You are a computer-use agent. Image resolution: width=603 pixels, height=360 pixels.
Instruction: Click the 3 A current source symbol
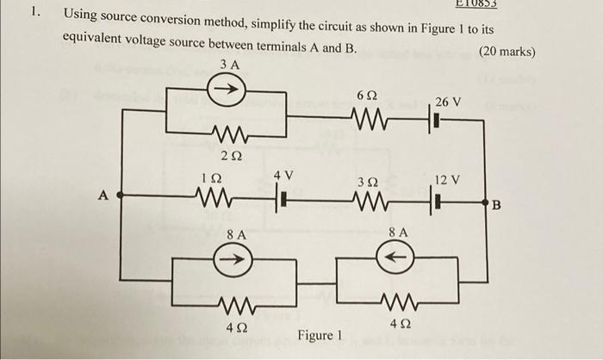[x=230, y=88]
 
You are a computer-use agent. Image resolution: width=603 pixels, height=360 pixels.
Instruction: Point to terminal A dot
[x=119, y=196]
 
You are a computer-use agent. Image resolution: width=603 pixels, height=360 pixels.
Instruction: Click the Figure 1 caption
[x=320, y=335]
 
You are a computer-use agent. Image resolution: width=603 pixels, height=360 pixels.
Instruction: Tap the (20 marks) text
[x=507, y=52]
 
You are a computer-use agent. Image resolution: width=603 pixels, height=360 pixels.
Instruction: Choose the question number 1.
[x=34, y=13]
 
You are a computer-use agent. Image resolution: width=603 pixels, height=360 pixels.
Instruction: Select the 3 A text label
[x=229, y=65]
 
